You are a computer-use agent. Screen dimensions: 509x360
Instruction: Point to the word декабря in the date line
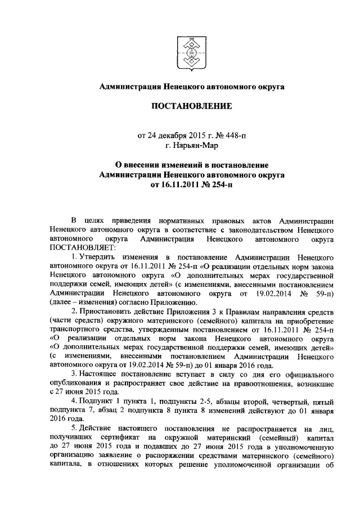tap(169, 135)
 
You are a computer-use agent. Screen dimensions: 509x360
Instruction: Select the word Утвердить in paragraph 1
tap(100, 256)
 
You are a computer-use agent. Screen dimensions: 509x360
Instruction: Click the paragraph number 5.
tap(75, 431)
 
